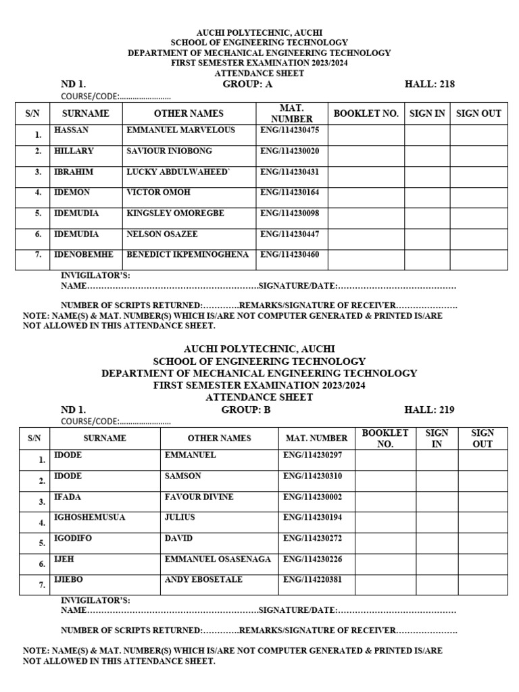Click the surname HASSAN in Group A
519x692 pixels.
click(x=71, y=130)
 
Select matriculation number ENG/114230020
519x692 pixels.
click(x=289, y=151)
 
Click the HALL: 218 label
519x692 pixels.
click(x=429, y=84)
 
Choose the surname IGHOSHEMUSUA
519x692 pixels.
click(x=89, y=518)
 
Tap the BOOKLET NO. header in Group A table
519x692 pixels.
click(x=366, y=114)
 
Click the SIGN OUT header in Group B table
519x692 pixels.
click(x=482, y=438)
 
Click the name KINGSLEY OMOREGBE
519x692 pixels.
click(x=175, y=214)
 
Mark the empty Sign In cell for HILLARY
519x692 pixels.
click(x=427, y=156)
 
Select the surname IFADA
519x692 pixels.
click(x=68, y=497)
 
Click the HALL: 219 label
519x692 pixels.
click(x=429, y=410)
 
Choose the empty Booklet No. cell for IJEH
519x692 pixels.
click(x=385, y=564)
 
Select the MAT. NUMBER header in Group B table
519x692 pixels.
click(x=316, y=438)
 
